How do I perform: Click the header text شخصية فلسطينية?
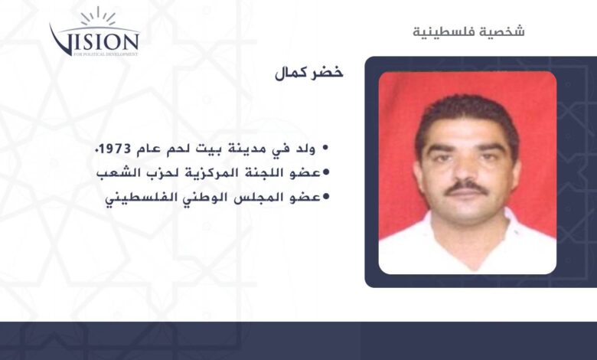pos(468,31)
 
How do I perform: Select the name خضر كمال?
pos(308,73)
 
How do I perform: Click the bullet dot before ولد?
pos(325,149)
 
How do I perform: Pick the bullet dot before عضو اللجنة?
pos(325,173)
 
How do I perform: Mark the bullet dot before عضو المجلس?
pos(325,197)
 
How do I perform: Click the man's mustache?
pos(466,188)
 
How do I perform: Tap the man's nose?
pos(465,169)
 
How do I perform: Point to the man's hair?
pos(467,114)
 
